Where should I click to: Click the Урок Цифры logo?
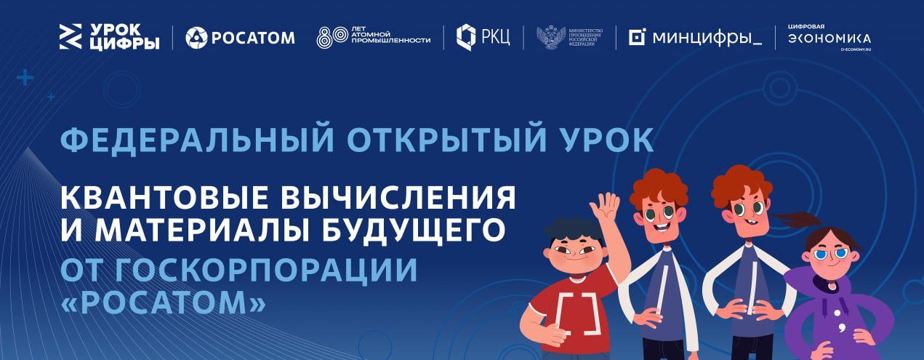[x=109, y=36]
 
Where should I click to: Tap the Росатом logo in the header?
[x=240, y=37]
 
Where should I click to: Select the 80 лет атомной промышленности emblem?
[x=373, y=37]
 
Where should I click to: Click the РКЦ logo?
[x=483, y=36]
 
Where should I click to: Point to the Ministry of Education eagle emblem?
[x=551, y=37]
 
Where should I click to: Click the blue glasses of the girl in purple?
[x=831, y=255]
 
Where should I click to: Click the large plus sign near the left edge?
[x=25, y=77]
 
